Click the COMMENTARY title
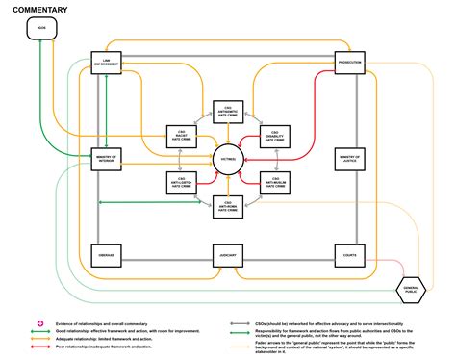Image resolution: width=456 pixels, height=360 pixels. pos(40,9)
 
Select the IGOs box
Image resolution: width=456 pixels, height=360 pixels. pos(40,29)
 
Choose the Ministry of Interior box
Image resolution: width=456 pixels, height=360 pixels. pos(106,159)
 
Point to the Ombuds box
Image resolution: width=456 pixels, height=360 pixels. pos(106,255)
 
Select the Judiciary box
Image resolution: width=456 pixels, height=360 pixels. pos(227,255)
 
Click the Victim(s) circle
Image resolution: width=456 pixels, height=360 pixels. pos(228,159)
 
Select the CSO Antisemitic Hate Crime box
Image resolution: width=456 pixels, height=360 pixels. pos(228,113)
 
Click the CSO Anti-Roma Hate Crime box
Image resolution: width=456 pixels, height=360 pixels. pos(228,204)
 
